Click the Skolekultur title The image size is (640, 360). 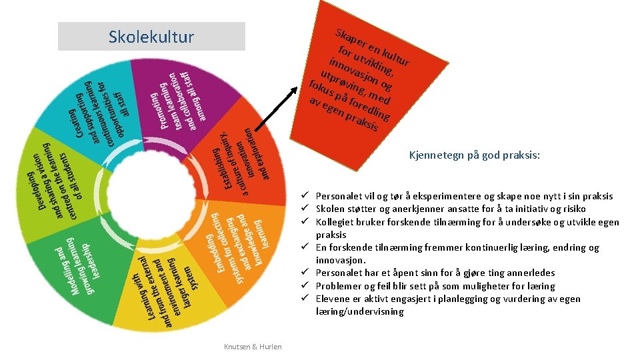(x=151, y=37)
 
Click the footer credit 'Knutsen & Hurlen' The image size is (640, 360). (x=253, y=346)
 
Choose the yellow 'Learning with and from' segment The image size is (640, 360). (x=167, y=293)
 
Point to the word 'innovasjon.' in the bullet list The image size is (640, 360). (x=341, y=260)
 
